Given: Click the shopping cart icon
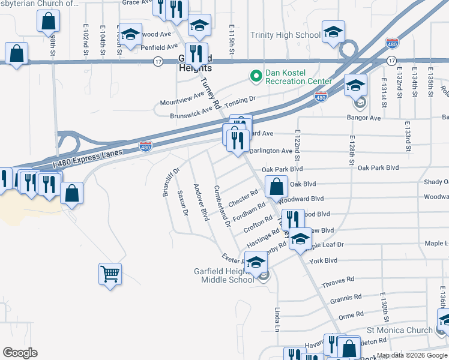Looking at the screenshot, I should [x=110, y=274].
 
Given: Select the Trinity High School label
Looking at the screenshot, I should [x=285, y=35].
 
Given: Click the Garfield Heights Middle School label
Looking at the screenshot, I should [x=224, y=275].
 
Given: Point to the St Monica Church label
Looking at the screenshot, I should [x=399, y=330].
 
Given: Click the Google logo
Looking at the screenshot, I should [x=20, y=353].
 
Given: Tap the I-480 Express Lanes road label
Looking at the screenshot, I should [x=88, y=157].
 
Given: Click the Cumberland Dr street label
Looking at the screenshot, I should [x=222, y=206].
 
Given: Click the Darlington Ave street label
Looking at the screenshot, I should [x=271, y=151].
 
